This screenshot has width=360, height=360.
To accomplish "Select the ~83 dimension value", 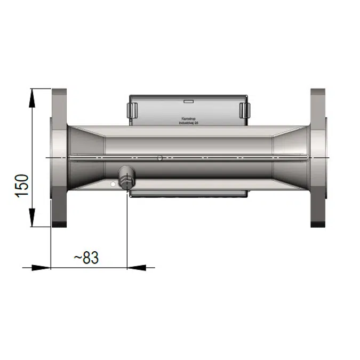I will [x=86, y=258].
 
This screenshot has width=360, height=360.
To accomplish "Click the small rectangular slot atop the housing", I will [x=188, y=101].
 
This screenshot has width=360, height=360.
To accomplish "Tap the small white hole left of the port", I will [x=113, y=184].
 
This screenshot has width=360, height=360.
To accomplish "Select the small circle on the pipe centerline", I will [x=159, y=157].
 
